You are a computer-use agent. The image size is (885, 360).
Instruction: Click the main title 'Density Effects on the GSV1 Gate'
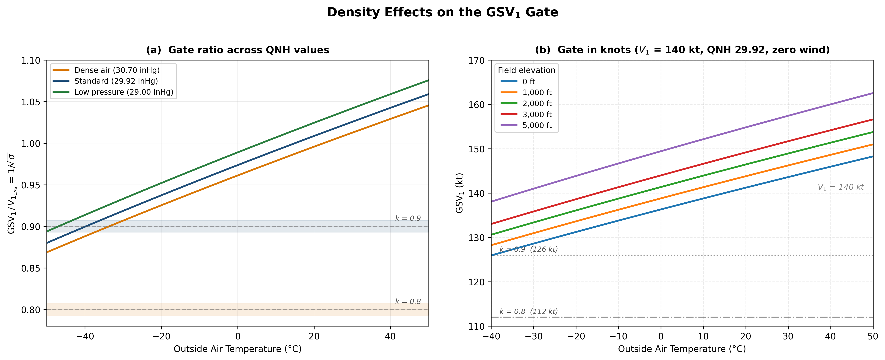coord(442,12)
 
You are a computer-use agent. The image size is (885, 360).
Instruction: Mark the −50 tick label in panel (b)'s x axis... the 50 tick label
coord(873,336)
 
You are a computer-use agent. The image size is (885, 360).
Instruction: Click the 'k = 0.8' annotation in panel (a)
coord(408,302)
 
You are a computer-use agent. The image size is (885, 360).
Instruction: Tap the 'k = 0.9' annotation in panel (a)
coord(408,219)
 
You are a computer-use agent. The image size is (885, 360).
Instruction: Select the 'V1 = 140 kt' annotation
coord(840,187)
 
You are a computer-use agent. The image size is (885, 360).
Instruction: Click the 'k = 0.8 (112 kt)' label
coord(528,312)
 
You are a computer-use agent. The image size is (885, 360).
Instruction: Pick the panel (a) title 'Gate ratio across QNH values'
coord(237,50)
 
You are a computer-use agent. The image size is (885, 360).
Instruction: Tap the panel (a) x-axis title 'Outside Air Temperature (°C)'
coord(237,349)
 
